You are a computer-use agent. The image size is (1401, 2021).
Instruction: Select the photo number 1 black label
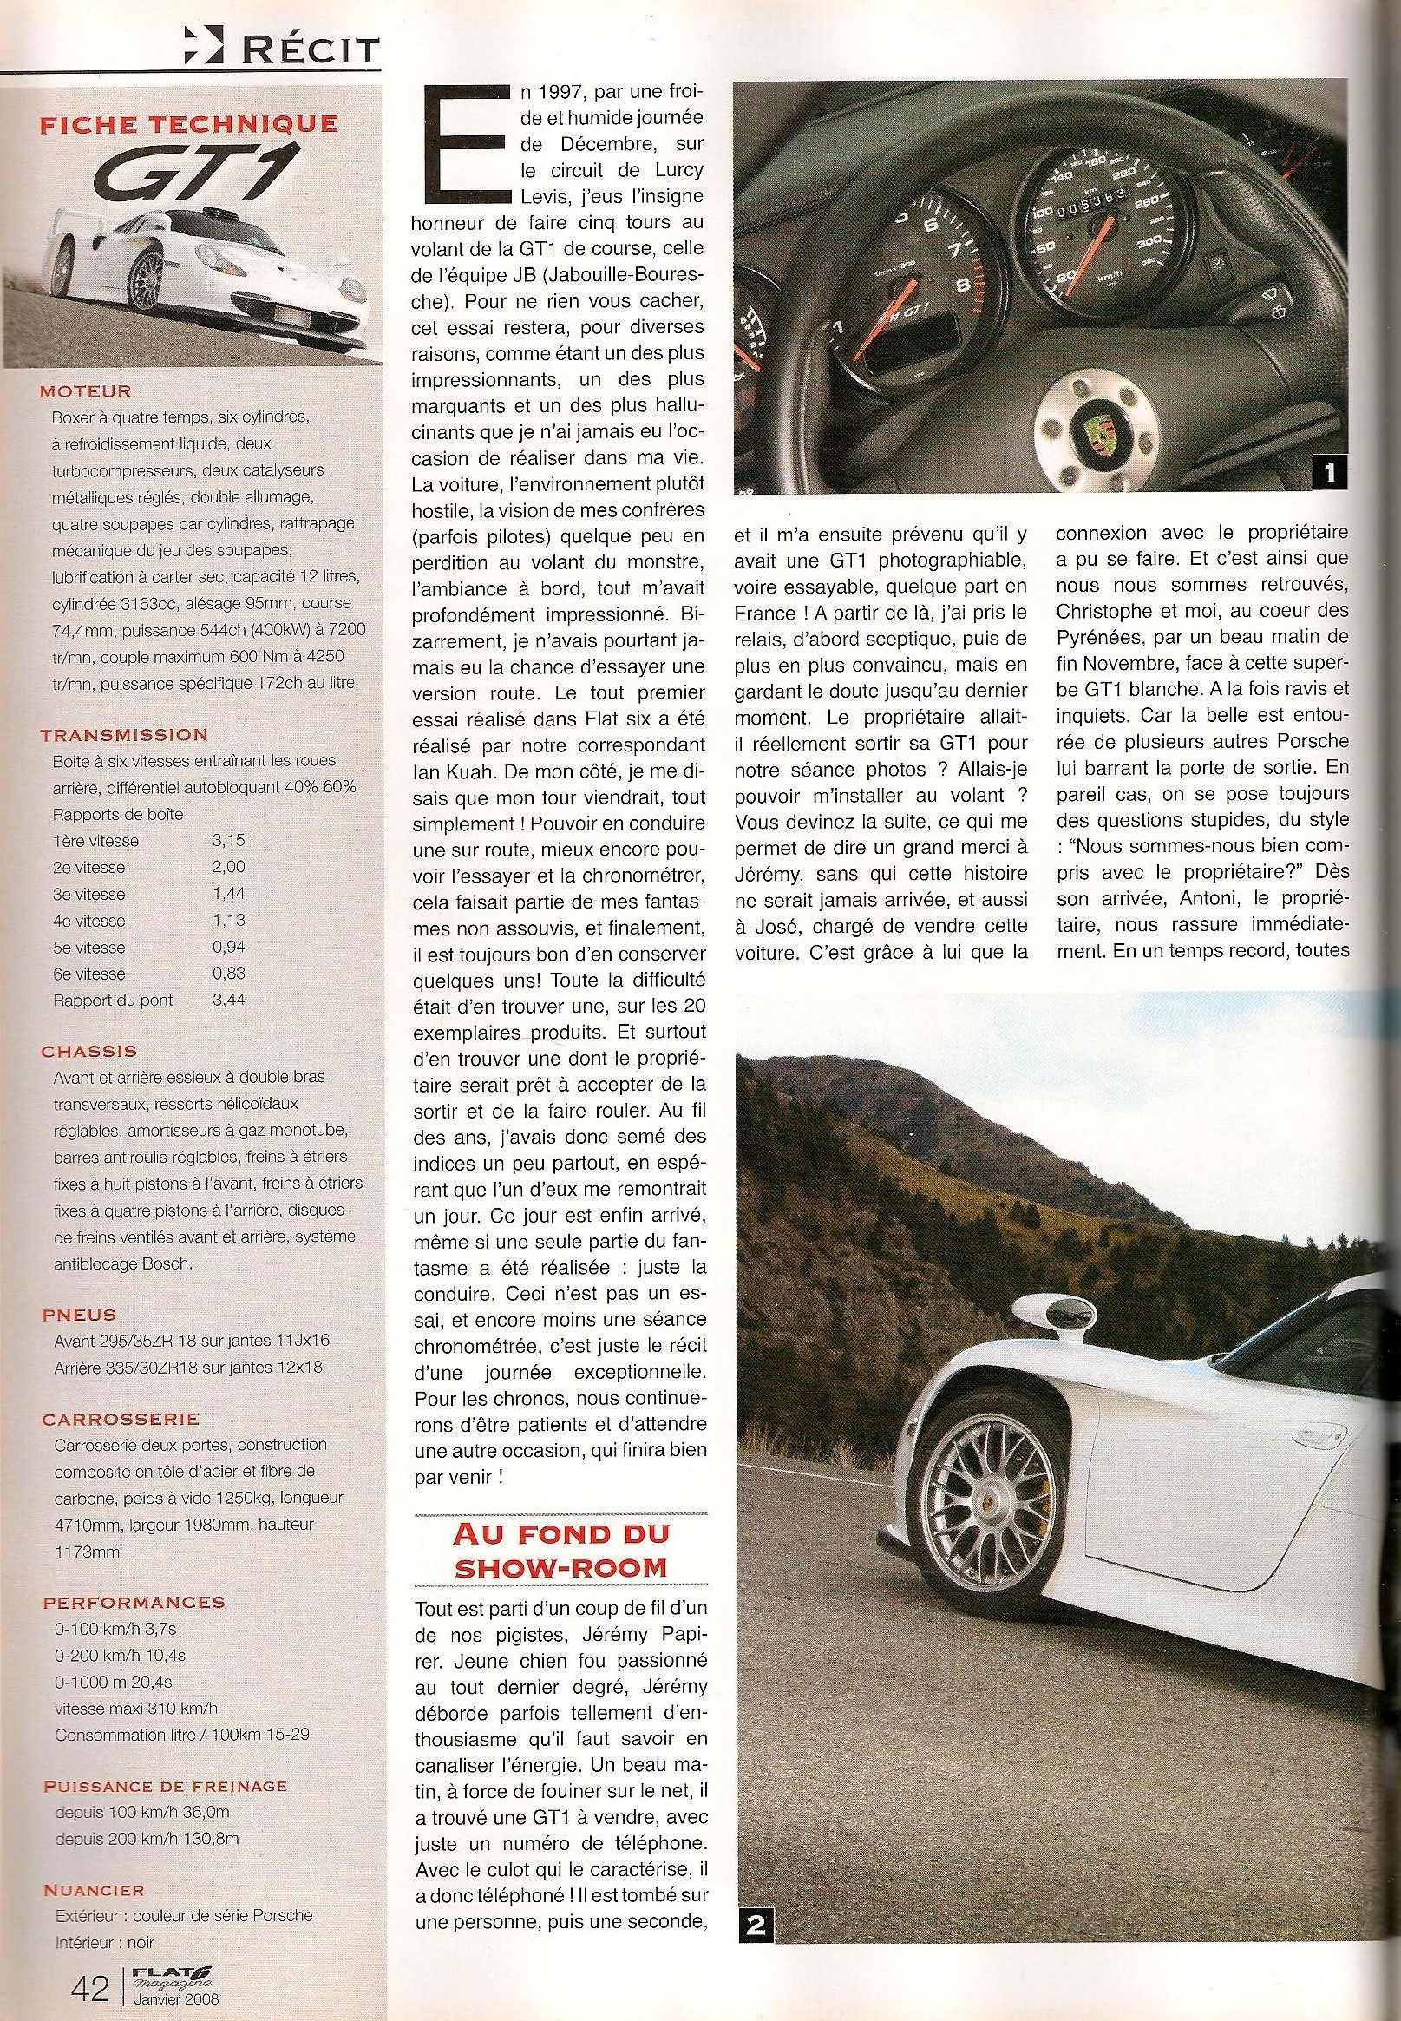(1329, 474)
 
